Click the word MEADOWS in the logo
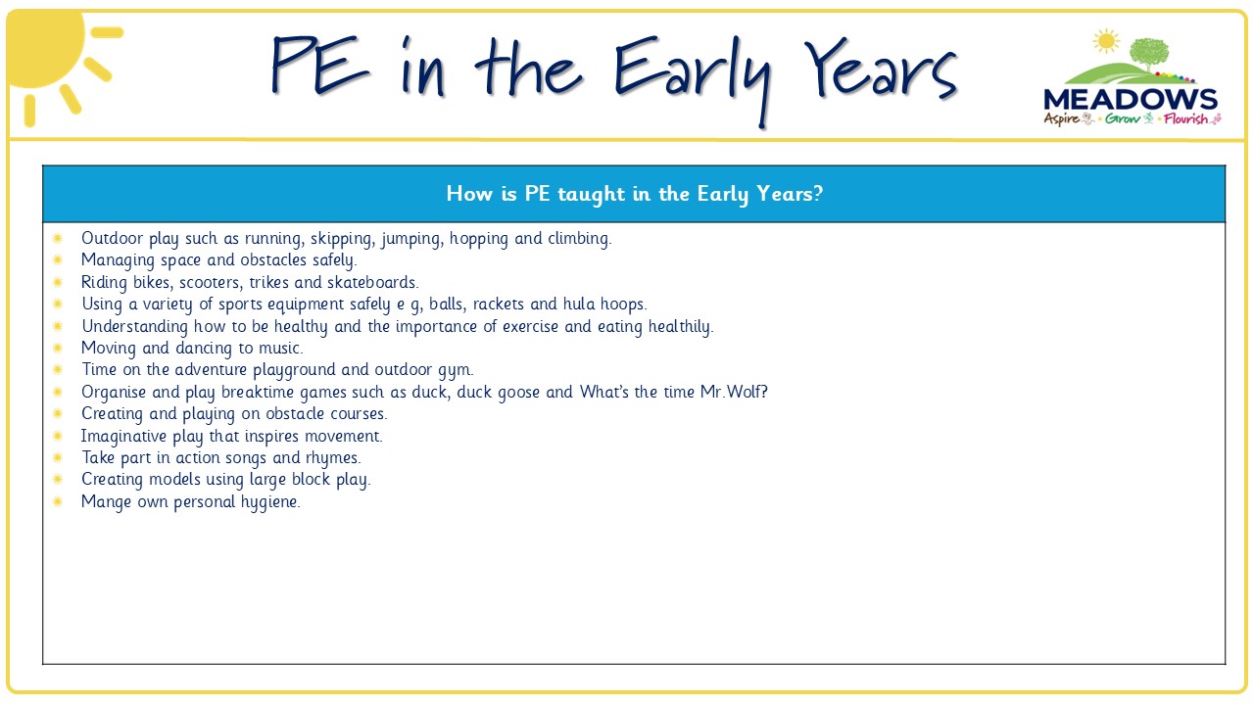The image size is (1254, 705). point(1131,100)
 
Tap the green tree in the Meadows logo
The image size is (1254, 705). point(1149,54)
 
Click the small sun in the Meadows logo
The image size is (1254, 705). point(1106,41)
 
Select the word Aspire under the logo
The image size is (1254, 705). point(1061,119)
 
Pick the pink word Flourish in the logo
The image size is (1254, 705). point(1185,118)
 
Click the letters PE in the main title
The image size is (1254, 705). point(320,66)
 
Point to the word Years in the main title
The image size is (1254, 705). point(881,70)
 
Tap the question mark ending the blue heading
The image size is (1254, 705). point(818,193)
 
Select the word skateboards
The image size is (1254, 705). point(372,282)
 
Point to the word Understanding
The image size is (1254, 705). point(134,327)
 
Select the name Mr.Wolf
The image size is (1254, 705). point(734,392)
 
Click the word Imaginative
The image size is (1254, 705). point(123,437)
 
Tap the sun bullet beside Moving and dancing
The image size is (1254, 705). point(58,348)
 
